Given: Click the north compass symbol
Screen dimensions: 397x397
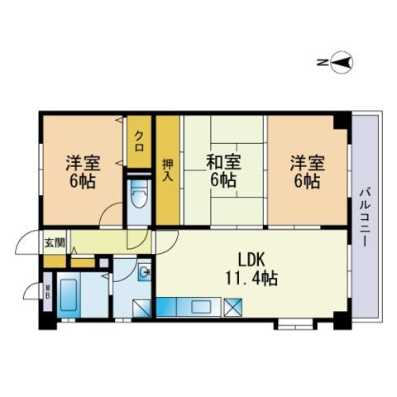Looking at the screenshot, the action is coord(342,63).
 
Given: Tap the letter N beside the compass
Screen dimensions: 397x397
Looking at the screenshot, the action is coord(321,63).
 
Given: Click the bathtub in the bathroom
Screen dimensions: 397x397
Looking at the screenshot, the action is coord(69,295).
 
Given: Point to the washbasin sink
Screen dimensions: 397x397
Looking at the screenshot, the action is coord(144,273).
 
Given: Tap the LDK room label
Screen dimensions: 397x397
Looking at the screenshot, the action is coord(251,261).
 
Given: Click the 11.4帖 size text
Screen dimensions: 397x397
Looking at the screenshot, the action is coord(251,278).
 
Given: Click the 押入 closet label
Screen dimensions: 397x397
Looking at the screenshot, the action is coord(168,170).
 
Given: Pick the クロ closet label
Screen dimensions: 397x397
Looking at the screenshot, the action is coord(139,141).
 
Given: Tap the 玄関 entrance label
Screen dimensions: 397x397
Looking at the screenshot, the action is coord(55,243).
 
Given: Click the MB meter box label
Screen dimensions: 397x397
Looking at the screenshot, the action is coord(48,292).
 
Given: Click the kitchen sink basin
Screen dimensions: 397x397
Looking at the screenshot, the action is coord(201,307).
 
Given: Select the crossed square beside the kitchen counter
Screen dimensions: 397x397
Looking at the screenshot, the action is coord(232,308).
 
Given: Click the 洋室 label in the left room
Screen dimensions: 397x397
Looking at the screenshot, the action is coord(83,163).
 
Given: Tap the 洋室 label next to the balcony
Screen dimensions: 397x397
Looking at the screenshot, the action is coord(307,163).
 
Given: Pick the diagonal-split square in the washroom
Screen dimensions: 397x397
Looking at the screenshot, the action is coord(141,308).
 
